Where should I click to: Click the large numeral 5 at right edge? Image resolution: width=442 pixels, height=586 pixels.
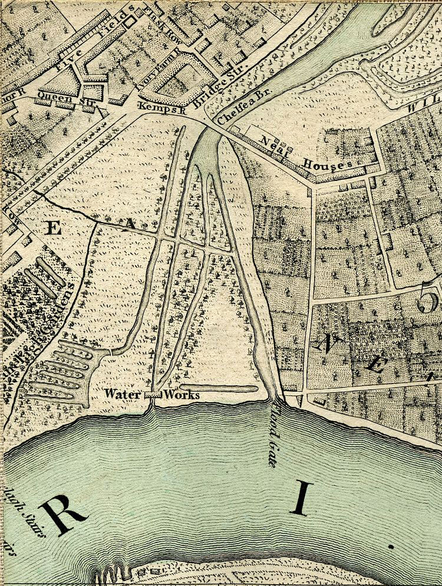(x=428, y=301)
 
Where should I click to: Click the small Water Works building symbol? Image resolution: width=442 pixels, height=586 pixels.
(x=153, y=395)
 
